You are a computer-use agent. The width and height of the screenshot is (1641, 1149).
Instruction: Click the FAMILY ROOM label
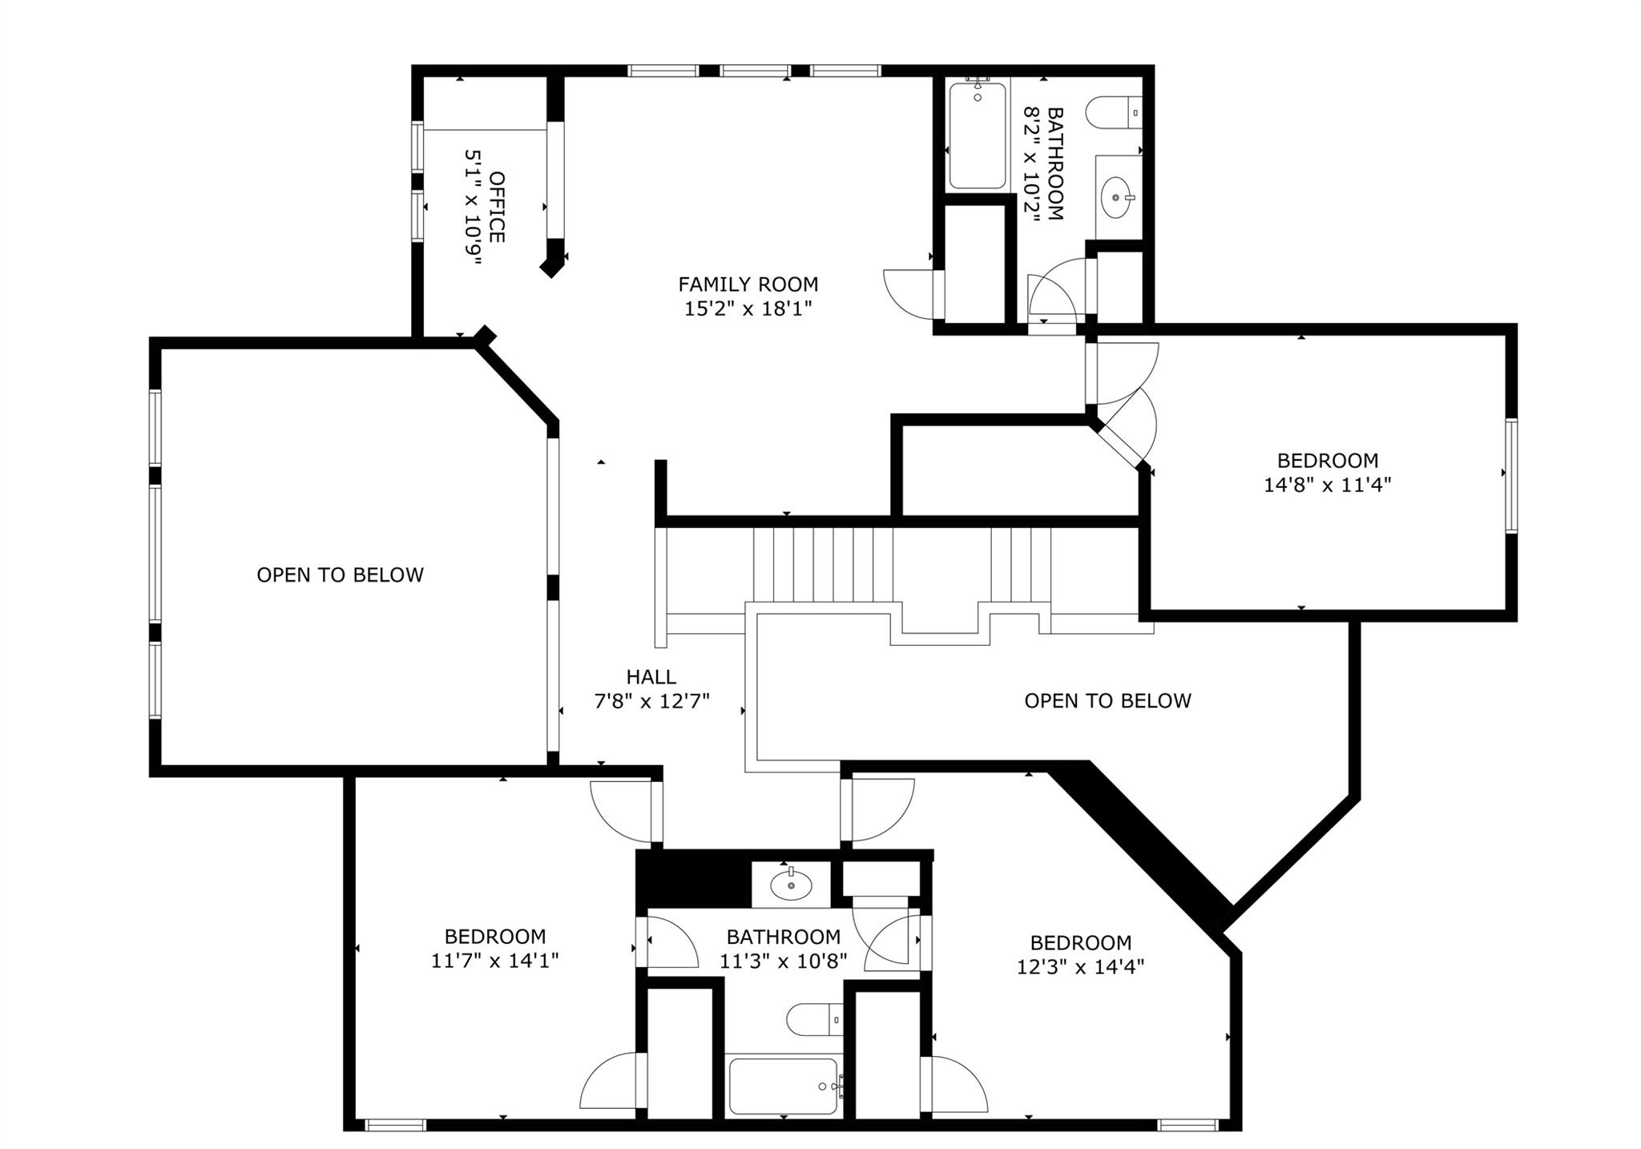(x=748, y=284)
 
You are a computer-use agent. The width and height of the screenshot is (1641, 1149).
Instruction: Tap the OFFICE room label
(x=497, y=207)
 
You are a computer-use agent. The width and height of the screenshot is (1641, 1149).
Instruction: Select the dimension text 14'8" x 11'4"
(x=1327, y=485)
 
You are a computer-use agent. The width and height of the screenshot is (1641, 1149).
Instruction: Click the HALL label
(x=651, y=677)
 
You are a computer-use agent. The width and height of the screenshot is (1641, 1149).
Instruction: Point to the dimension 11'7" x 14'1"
(x=494, y=961)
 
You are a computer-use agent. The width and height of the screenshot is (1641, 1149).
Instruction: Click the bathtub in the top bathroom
(x=977, y=136)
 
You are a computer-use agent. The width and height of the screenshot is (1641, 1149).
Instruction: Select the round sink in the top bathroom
(x=1116, y=196)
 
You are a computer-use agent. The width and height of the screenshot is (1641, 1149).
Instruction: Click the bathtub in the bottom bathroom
(x=783, y=1087)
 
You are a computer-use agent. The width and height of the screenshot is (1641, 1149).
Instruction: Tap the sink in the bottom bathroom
(x=791, y=885)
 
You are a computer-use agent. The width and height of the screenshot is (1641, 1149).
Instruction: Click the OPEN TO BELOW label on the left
(x=340, y=575)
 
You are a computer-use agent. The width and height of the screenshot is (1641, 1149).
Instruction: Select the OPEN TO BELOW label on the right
(x=1107, y=701)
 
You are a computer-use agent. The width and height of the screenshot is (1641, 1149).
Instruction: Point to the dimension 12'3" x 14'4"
(x=1080, y=967)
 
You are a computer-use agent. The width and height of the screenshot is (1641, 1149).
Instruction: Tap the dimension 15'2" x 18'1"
(x=748, y=309)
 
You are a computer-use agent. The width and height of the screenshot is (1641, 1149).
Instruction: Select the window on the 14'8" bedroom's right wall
(x=1510, y=476)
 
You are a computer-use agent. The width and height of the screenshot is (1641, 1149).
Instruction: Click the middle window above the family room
(x=755, y=71)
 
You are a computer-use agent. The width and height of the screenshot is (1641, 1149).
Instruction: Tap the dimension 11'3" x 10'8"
(x=783, y=961)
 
